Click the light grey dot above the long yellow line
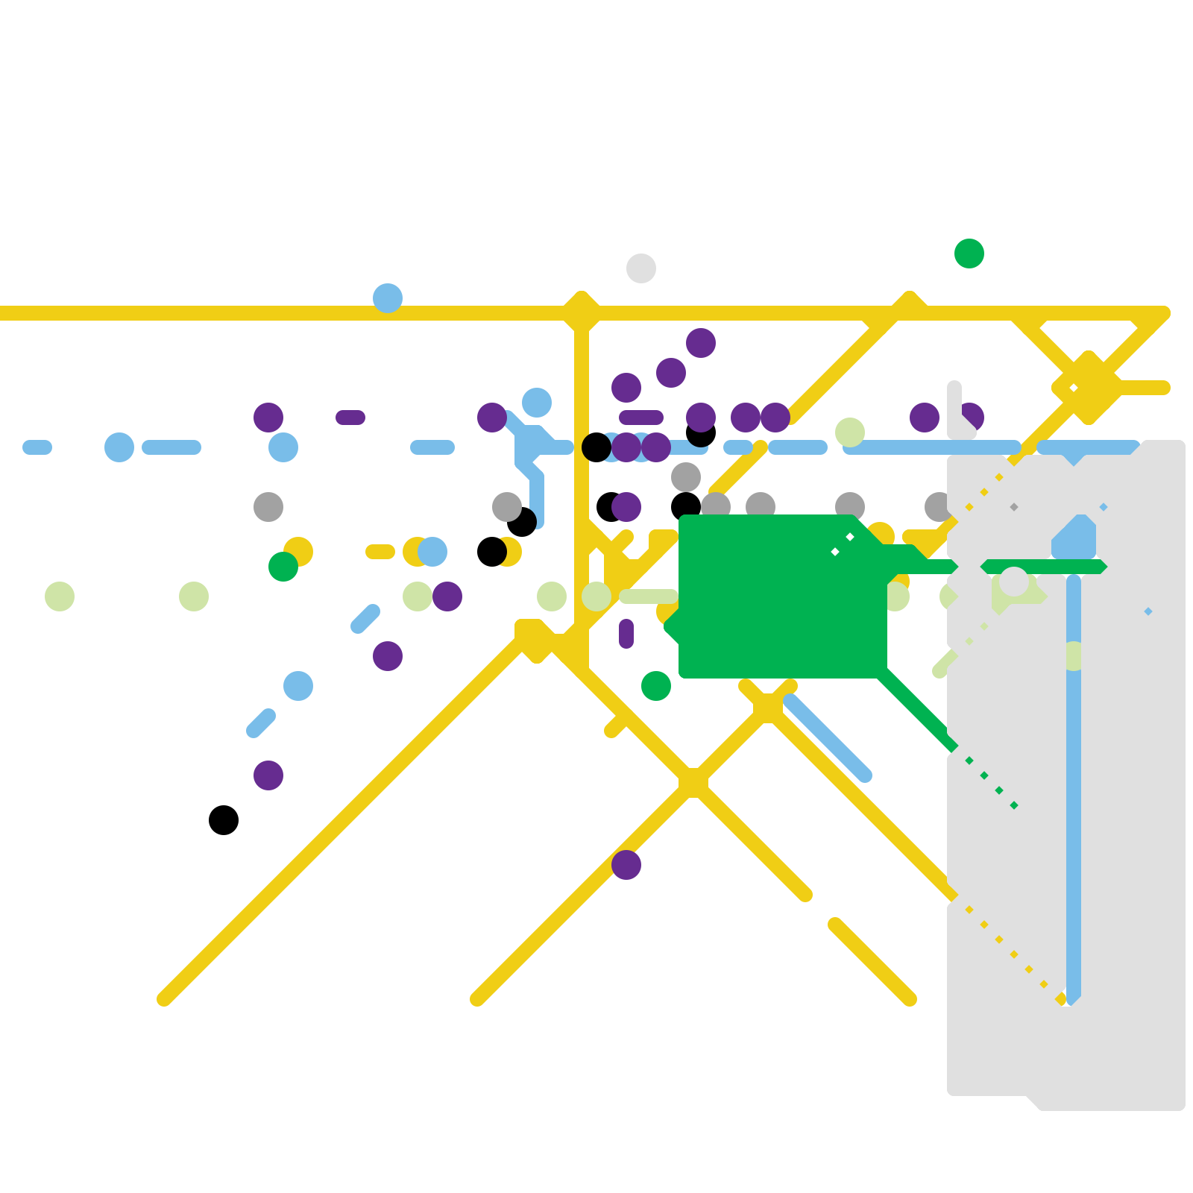(641, 268)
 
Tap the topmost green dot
(969, 254)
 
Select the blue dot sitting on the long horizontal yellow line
(388, 298)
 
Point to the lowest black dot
(224, 820)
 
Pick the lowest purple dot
(626, 865)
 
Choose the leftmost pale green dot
(60, 596)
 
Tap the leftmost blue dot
(119, 447)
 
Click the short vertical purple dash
(626, 634)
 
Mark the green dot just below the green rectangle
(656, 686)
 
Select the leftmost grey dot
(268, 507)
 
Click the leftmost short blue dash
(37, 447)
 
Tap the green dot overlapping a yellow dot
(283, 567)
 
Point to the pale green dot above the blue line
(850, 432)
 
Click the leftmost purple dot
(268, 418)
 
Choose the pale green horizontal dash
(649, 596)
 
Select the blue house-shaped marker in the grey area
(1074, 541)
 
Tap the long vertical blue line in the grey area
(1074, 783)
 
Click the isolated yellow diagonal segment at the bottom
(872, 962)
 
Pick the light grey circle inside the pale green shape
(1014, 582)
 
